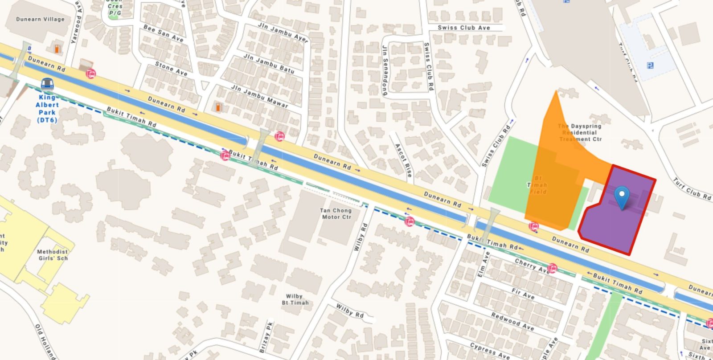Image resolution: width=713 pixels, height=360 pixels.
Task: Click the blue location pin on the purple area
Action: pyautogui.click(x=622, y=196)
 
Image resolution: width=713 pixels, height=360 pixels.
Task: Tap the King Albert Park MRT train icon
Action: pyautogui.click(x=47, y=84)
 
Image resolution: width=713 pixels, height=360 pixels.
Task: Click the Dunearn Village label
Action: pyautogui.click(x=40, y=19)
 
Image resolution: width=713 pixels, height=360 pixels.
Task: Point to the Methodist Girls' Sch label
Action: pyautogui.click(x=53, y=255)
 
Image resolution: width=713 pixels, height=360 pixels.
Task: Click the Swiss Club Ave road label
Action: pyautogui.click(x=463, y=28)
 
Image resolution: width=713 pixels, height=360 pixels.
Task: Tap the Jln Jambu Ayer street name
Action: pyautogui.click(x=283, y=33)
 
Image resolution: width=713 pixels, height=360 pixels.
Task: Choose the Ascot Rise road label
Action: pyautogui.click(x=403, y=160)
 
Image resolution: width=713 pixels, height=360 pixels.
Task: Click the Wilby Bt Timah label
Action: pyautogui.click(x=295, y=299)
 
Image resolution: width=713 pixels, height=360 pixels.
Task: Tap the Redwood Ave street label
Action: pyautogui.click(x=512, y=321)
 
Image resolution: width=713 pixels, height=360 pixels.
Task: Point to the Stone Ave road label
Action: pyautogui.click(x=171, y=69)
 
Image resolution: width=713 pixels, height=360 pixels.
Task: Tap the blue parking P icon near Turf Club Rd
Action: pyautogui.click(x=650, y=66)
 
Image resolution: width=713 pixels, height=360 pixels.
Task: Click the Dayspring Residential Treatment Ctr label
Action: pyautogui.click(x=580, y=133)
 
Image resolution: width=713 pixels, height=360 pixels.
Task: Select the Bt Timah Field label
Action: pyautogui.click(x=538, y=185)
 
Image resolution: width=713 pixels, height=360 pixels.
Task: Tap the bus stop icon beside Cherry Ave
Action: pyautogui.click(x=553, y=268)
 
